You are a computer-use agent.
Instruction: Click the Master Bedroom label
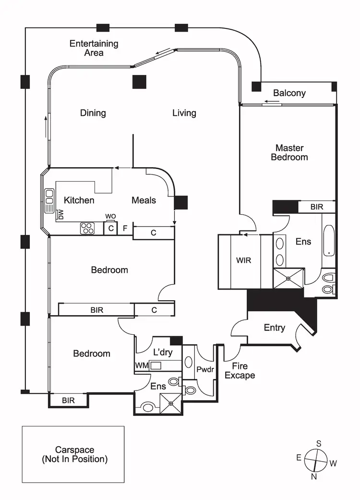click(x=289, y=152)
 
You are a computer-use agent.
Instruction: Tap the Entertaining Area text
click(x=94, y=48)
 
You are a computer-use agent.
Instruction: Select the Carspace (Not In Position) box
click(x=73, y=454)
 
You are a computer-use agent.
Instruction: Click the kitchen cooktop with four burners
click(x=87, y=228)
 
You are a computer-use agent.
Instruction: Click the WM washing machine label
click(x=141, y=366)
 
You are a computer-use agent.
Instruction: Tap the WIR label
click(x=243, y=260)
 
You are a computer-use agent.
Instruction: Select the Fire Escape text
click(x=240, y=370)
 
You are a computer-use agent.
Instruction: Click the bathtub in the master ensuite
click(x=329, y=240)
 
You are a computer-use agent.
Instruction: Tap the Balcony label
click(x=289, y=93)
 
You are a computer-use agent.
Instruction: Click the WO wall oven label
click(x=110, y=217)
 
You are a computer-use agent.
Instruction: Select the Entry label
click(x=274, y=328)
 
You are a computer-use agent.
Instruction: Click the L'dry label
click(x=163, y=353)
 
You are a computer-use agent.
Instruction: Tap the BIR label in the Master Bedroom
click(x=317, y=207)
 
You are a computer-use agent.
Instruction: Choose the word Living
click(x=184, y=113)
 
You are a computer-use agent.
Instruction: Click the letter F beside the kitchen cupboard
click(x=125, y=228)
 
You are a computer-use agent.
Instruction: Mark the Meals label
click(x=144, y=200)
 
